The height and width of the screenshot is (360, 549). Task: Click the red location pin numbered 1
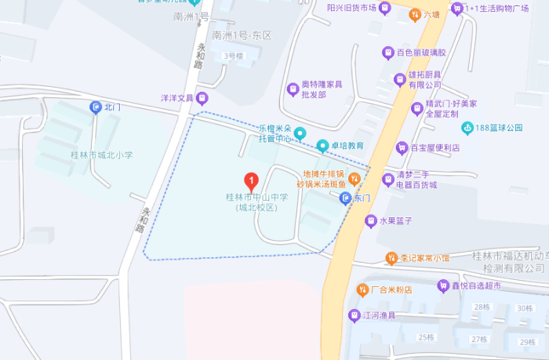coord(251,181)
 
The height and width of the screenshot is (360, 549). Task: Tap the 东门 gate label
coord(362,199)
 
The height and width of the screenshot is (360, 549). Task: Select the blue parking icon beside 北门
coord(96,107)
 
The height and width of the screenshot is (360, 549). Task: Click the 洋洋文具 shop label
coord(177,99)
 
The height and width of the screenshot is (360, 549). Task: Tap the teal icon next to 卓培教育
coord(322,146)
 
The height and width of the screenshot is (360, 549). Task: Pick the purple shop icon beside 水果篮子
coord(370,221)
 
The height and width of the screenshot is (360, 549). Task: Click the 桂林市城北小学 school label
coord(102,155)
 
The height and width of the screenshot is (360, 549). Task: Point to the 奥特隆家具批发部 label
coord(323,89)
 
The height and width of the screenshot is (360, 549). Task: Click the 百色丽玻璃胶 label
coord(420,53)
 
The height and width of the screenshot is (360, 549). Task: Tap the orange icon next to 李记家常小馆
coord(391,257)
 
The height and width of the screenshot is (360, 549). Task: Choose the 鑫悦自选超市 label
coord(471,286)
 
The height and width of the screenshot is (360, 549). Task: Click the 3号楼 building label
coord(234,56)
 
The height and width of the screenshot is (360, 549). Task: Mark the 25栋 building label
coord(426,337)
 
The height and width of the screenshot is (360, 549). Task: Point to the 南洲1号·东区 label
coord(242,35)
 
